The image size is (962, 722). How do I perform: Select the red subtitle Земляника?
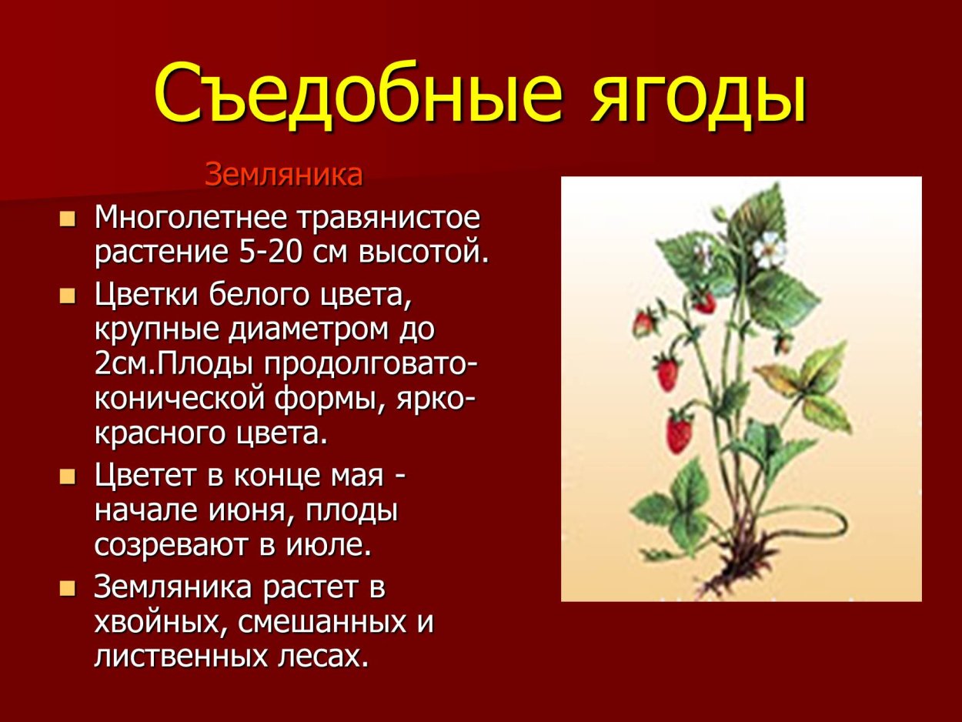pyautogui.click(x=283, y=175)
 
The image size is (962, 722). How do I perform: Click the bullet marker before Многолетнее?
pyautogui.click(x=68, y=219)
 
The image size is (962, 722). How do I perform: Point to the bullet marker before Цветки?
pyautogui.click(x=68, y=296)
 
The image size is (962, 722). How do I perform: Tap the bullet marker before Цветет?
pyautogui.click(x=68, y=476)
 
